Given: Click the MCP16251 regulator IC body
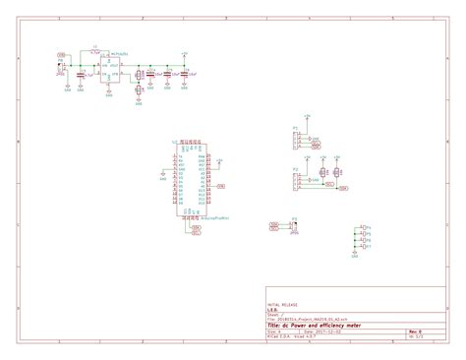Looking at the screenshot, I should pos(113,70).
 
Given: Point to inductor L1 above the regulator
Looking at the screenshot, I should pos(94,48).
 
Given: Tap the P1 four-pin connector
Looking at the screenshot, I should pos(296,141).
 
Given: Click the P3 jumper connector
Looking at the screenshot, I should pos(294,226).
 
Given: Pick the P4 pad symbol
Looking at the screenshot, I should pos(365,227).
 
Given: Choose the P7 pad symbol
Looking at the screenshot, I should pos(365,246).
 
